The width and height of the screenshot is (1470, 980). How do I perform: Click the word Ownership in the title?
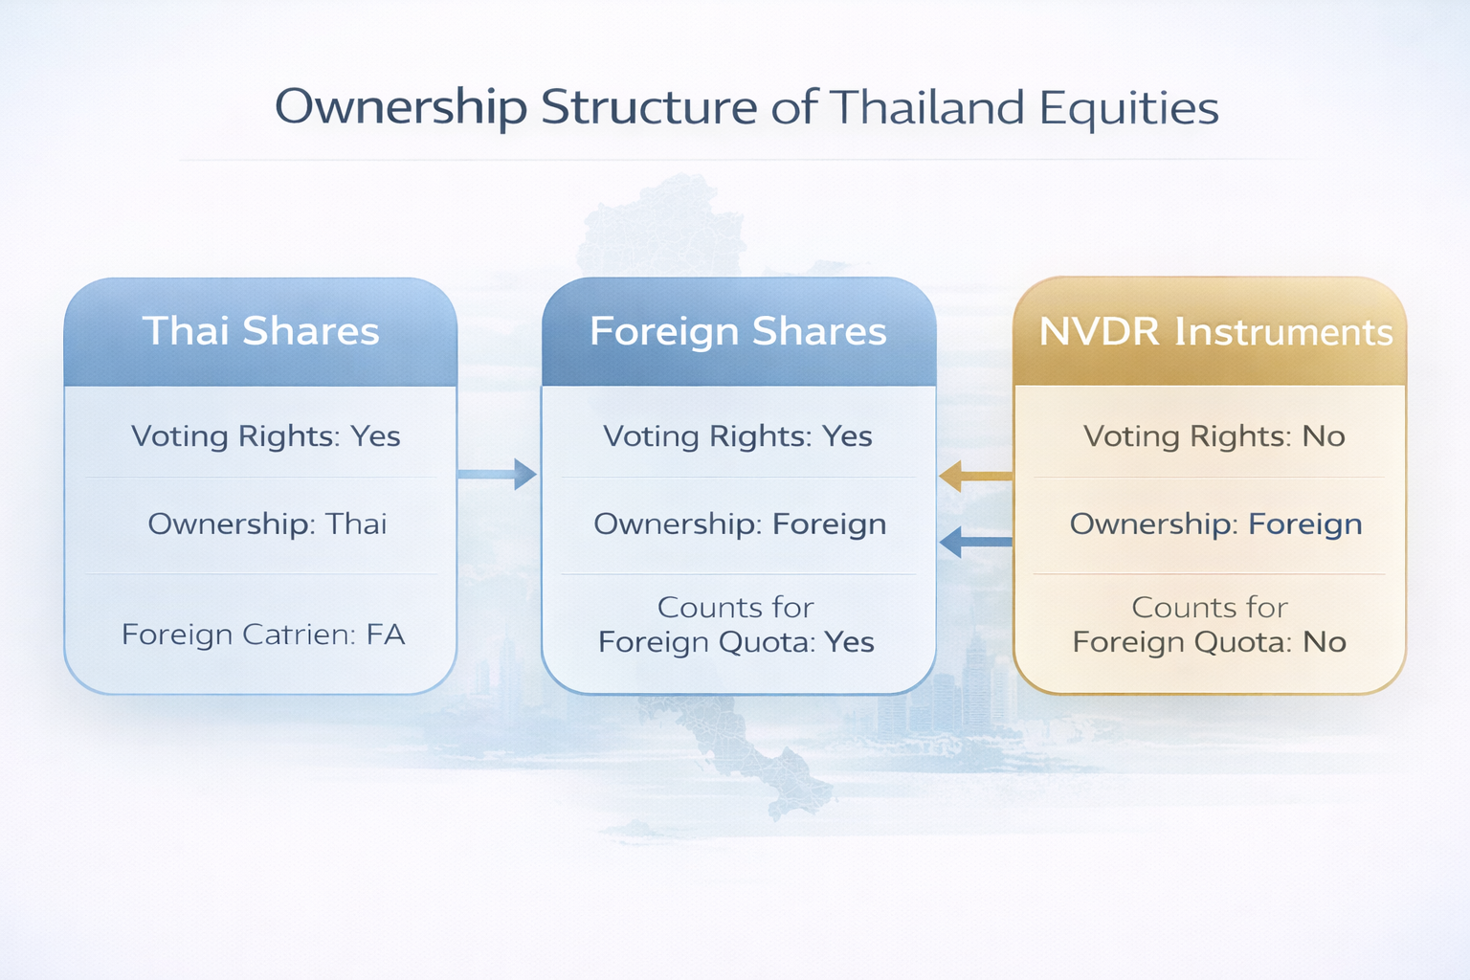pos(400,107)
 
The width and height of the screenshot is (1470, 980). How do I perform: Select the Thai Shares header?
pos(260,331)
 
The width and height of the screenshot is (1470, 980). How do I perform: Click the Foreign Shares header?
pos(738,331)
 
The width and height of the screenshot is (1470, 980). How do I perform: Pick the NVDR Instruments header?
pos(1215,332)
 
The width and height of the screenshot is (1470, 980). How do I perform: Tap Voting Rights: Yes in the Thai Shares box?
pos(265,436)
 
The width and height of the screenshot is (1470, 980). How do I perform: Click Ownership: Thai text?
pos(267,524)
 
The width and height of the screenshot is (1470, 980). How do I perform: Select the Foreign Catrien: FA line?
pos(263,635)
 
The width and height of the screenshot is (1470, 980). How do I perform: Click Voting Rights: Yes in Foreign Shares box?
pos(737,436)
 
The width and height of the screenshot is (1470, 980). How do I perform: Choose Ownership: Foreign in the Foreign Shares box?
pos(740,524)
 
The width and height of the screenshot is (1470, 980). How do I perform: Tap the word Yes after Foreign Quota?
pos(849,642)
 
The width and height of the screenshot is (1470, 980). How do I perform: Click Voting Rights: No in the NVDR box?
pos(1214,436)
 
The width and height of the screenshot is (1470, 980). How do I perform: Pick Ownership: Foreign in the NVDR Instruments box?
pos(1215,524)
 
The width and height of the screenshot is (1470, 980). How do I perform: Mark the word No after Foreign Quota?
pos(1325,642)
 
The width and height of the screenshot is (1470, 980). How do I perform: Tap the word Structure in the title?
pos(649,107)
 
